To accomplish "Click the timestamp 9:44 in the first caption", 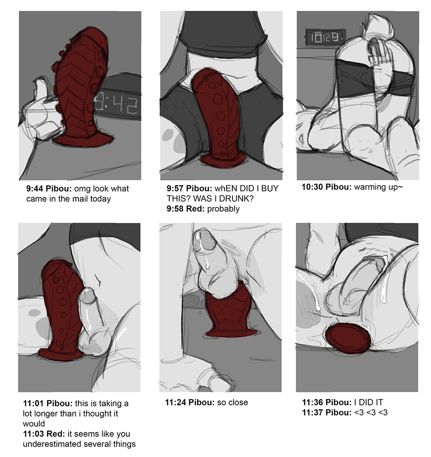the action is point(35,189).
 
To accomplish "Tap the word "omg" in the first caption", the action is point(81,189).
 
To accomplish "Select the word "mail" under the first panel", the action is point(79,199).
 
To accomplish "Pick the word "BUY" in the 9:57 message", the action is point(270,188).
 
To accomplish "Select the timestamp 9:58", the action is point(175,208).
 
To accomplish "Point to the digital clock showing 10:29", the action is point(324,37).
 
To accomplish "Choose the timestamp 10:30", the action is point(312,187).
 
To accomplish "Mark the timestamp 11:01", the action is point(34,403).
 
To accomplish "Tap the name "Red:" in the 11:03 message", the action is point(56,434).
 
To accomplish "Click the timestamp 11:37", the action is point(312,413).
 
